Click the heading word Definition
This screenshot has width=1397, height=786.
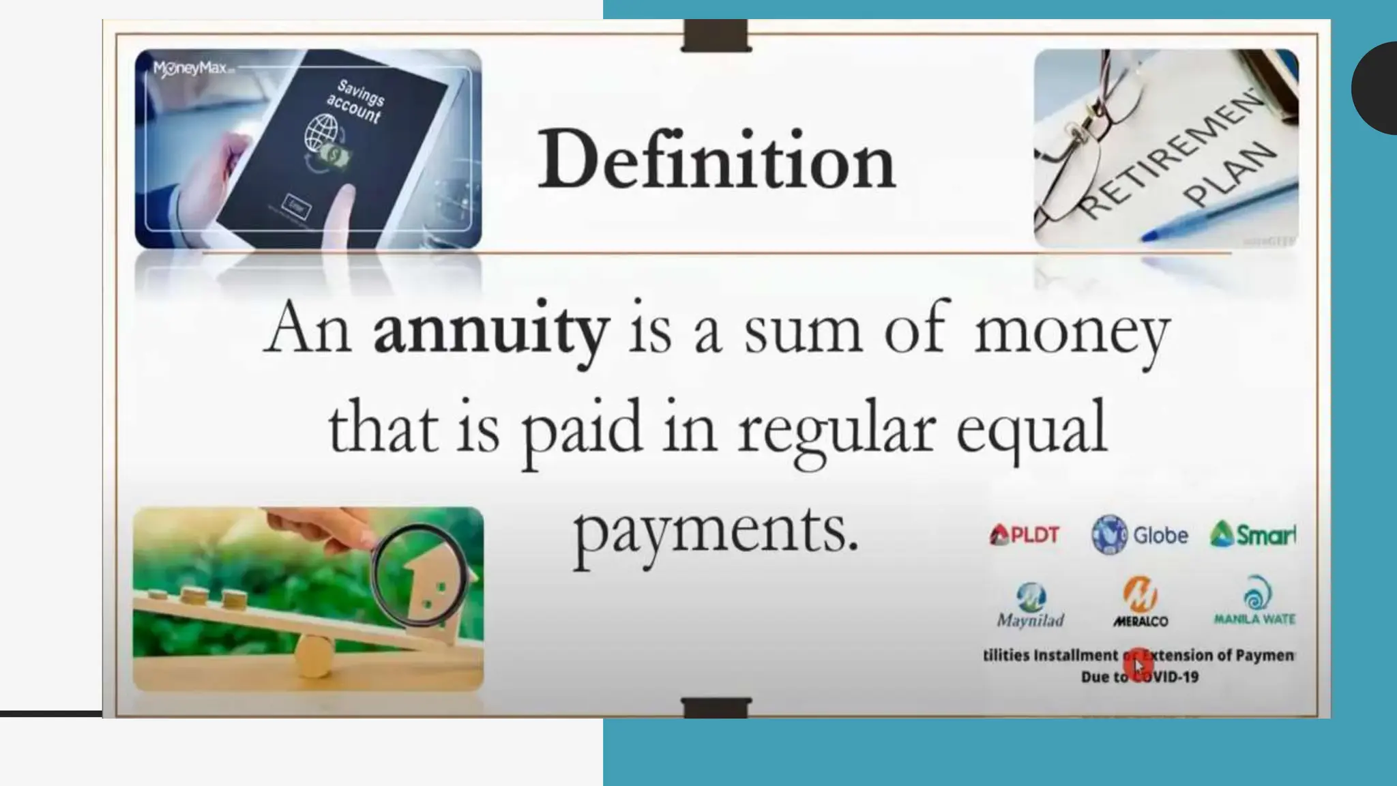coord(716,161)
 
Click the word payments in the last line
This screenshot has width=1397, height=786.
coord(715,532)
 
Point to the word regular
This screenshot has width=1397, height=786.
coord(836,430)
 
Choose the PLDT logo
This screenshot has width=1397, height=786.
coord(1025,535)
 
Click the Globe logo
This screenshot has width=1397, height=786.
coord(1140,535)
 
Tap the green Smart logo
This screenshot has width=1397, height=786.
coord(1253,535)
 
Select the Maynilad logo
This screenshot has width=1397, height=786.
coord(1030,605)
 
